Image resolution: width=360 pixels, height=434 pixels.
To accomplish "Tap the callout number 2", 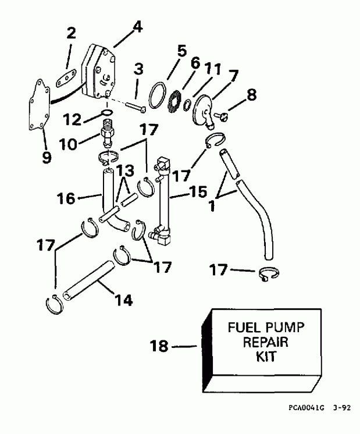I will point(70,34).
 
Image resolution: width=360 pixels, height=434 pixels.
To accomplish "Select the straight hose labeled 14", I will point(90,280).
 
